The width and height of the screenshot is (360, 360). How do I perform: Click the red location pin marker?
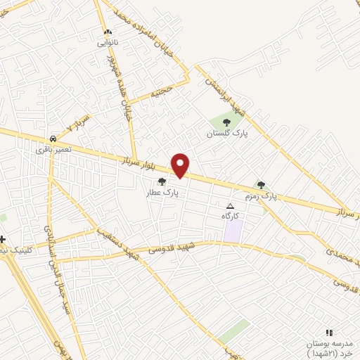pos(181,165)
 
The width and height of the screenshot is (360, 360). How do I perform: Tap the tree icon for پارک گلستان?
pos(226,122)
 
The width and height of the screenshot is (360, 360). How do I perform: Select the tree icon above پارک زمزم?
pos(261,185)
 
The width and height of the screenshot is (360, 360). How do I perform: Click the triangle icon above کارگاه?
pos(229,205)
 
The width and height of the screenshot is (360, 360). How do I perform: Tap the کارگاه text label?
pos(231,214)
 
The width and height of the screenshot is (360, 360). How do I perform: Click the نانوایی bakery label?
pos(108,43)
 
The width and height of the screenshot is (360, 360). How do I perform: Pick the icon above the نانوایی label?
pos(108,33)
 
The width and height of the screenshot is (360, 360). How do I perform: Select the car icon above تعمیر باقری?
pos(53,139)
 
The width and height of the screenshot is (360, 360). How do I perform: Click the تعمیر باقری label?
pos(49,149)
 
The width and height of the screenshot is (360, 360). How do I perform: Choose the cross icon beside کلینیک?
pos(3,240)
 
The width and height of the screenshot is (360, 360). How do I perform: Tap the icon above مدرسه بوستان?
pos(328,333)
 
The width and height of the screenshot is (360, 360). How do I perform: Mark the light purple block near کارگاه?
pos(233,231)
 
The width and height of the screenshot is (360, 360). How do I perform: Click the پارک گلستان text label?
pos(226,133)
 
